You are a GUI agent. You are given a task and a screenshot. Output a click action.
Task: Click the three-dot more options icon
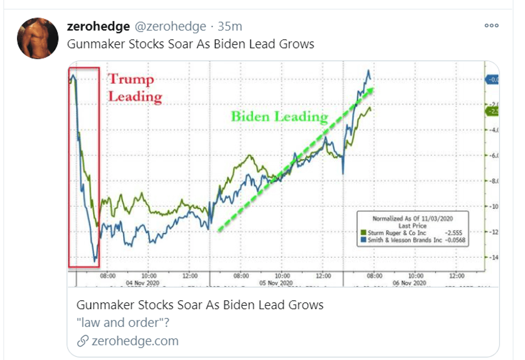click(x=492, y=25)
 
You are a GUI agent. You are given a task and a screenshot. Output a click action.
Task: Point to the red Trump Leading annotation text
click(x=134, y=87)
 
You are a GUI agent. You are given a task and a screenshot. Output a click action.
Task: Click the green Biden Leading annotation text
click(x=279, y=117)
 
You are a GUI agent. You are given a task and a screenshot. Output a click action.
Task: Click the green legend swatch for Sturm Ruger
click(x=363, y=232)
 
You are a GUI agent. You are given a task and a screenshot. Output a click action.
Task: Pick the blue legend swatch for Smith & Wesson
click(x=363, y=239)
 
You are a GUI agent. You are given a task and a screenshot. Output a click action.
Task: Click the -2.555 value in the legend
click(x=454, y=232)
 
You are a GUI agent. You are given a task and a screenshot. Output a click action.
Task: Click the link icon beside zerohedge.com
click(x=82, y=341)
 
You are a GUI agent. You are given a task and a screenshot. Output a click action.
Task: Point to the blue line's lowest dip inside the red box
click(x=95, y=260)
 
